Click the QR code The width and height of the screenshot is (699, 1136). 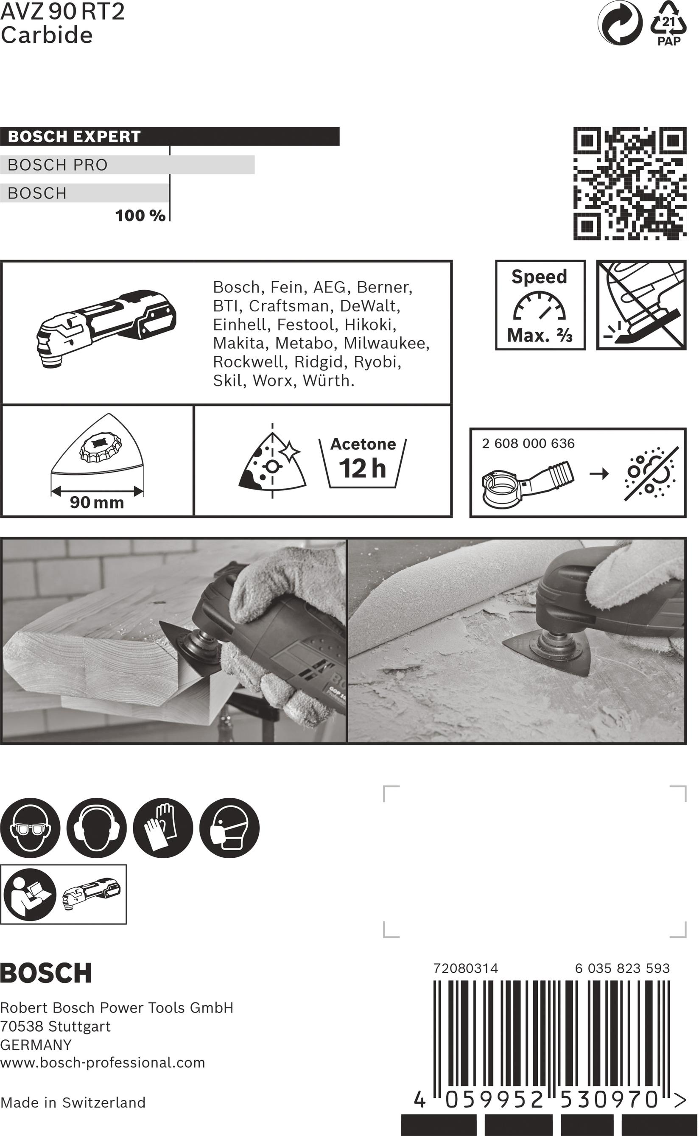[x=630, y=184]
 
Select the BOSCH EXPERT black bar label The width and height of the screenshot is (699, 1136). [x=74, y=137]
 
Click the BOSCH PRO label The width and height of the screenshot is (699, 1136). [x=58, y=165]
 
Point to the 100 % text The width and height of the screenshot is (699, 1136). [x=140, y=215]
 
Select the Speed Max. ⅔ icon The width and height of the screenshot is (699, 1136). [x=540, y=305]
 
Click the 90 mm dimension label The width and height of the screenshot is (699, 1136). [x=97, y=503]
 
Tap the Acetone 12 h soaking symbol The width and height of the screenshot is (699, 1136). [x=363, y=462]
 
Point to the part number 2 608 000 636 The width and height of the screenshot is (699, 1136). [x=528, y=443]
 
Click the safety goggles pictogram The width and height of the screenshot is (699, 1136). [x=30, y=828]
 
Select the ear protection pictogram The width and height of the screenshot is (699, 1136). [x=96, y=828]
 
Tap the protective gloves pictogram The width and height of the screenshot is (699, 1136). [x=163, y=828]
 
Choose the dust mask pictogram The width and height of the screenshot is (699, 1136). [x=229, y=828]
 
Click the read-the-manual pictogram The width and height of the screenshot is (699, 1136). [x=30, y=894]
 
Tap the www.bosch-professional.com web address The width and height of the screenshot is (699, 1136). [x=103, y=1063]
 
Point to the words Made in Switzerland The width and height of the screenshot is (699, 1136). [x=73, y=1102]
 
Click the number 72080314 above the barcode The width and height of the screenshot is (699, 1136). [x=466, y=968]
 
